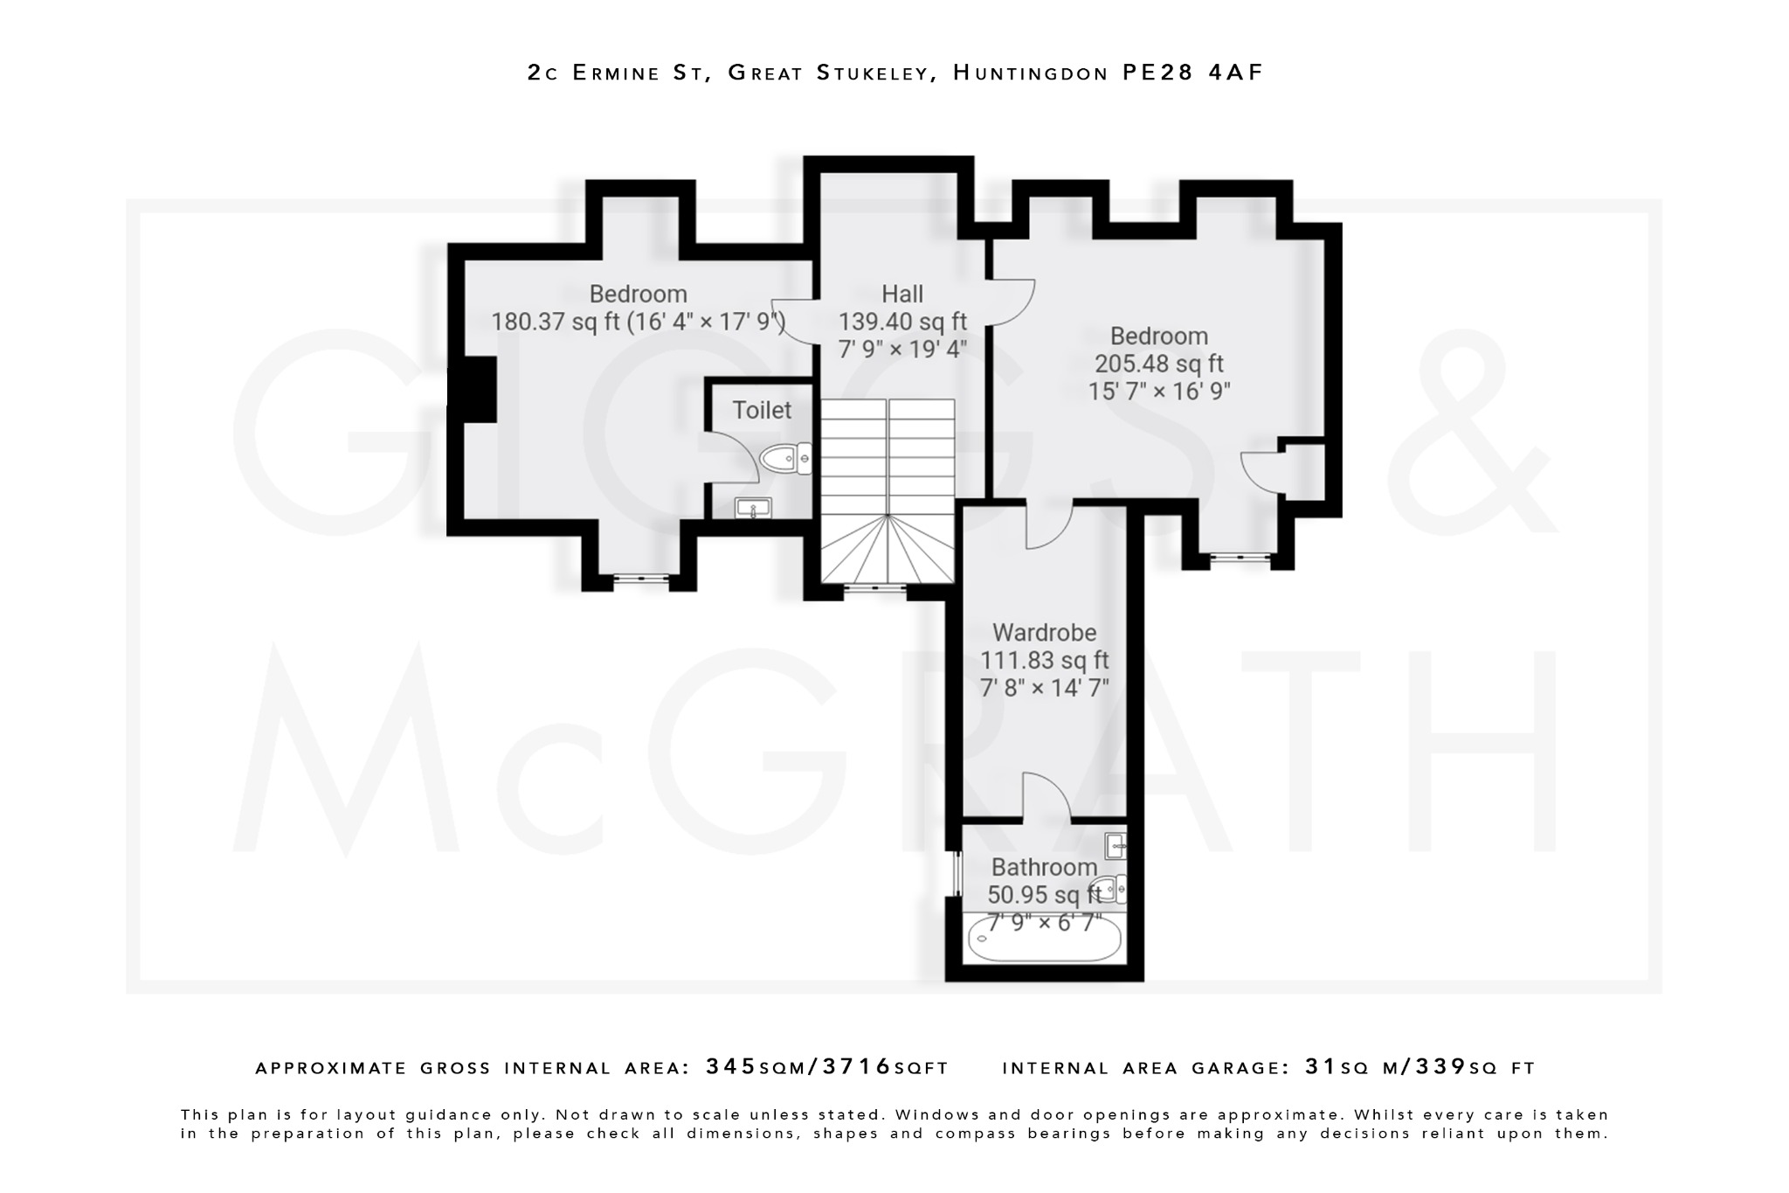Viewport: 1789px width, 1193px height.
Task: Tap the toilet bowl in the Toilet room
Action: click(784, 458)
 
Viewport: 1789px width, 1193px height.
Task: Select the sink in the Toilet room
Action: click(753, 508)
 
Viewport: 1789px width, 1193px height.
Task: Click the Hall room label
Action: click(901, 294)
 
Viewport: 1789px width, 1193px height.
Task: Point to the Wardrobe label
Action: click(1044, 632)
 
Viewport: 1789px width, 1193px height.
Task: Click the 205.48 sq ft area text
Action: click(1158, 364)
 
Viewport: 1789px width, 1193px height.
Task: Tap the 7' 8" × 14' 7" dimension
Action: click(1044, 688)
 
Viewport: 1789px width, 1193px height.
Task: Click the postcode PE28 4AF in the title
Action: click(1192, 73)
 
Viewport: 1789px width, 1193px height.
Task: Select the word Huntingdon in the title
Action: click(1031, 73)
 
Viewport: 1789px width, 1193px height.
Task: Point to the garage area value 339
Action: click(1440, 1067)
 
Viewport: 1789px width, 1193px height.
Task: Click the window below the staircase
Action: click(875, 590)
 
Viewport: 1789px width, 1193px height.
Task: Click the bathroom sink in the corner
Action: click(1116, 846)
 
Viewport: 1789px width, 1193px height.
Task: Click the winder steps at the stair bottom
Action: click(887, 552)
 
